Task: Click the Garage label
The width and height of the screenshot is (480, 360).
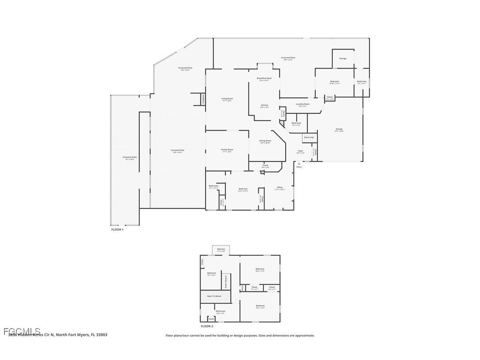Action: [x=339, y=129]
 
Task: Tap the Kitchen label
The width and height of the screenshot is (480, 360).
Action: [x=265, y=105]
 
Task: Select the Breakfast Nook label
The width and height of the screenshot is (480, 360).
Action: [x=264, y=78]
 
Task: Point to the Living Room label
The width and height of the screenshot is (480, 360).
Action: [x=227, y=99]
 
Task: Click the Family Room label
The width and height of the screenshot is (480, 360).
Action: [x=227, y=150]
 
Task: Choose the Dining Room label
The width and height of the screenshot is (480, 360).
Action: [x=265, y=141]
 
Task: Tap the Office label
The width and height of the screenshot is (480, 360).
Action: [x=279, y=188]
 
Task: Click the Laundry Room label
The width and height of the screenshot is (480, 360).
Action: [x=302, y=104]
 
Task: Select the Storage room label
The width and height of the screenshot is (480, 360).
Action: [x=343, y=58]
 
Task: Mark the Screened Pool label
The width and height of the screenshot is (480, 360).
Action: [x=177, y=150]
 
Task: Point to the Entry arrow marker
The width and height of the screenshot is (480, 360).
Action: [x=299, y=164]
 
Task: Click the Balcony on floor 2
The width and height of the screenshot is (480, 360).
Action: [x=221, y=249]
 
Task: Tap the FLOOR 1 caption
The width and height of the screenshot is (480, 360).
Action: [x=117, y=230]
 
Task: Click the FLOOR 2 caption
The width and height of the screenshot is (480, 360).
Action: [x=207, y=326]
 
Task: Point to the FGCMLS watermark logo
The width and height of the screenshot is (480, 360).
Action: [x=22, y=331]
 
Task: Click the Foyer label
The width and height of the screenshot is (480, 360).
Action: [x=300, y=151]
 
